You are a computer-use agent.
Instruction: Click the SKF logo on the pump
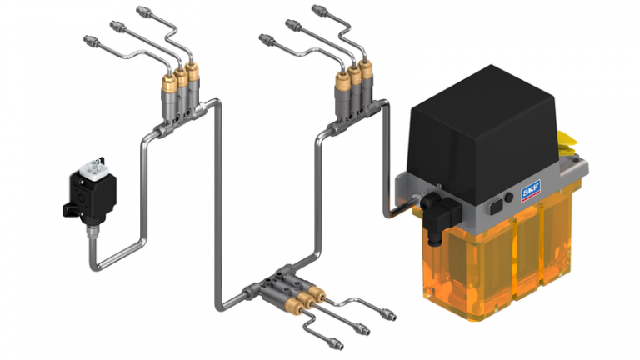click(x=531, y=192)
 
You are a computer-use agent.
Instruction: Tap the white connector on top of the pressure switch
click(x=94, y=168)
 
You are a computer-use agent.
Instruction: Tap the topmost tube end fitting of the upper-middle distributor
click(x=319, y=11)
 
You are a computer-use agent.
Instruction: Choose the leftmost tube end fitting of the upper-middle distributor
click(x=265, y=38)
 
